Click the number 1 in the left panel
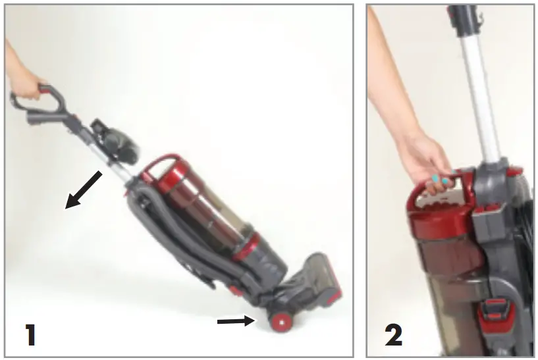click(x=30, y=334)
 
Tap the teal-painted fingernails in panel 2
click(x=439, y=180)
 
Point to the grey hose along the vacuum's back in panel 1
click(x=148, y=217)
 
